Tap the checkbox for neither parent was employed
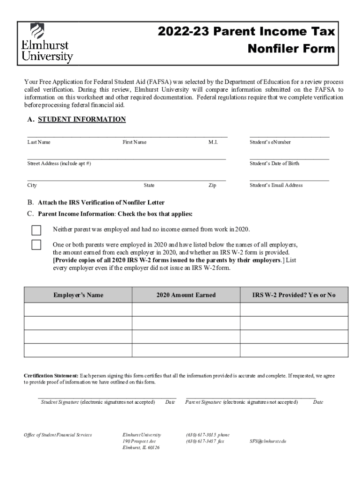(x=36, y=230)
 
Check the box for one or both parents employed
(x=36, y=245)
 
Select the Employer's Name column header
(x=78, y=295)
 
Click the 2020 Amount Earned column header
(x=186, y=295)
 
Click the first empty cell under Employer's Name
(x=78, y=310)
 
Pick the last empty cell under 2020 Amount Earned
(x=186, y=350)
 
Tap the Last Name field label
(x=39, y=142)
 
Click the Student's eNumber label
(x=270, y=142)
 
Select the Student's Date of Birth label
(x=274, y=164)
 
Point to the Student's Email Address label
(x=276, y=185)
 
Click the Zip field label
(x=212, y=185)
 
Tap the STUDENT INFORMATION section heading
(x=81, y=119)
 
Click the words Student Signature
(x=60, y=402)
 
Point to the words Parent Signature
(x=203, y=402)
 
